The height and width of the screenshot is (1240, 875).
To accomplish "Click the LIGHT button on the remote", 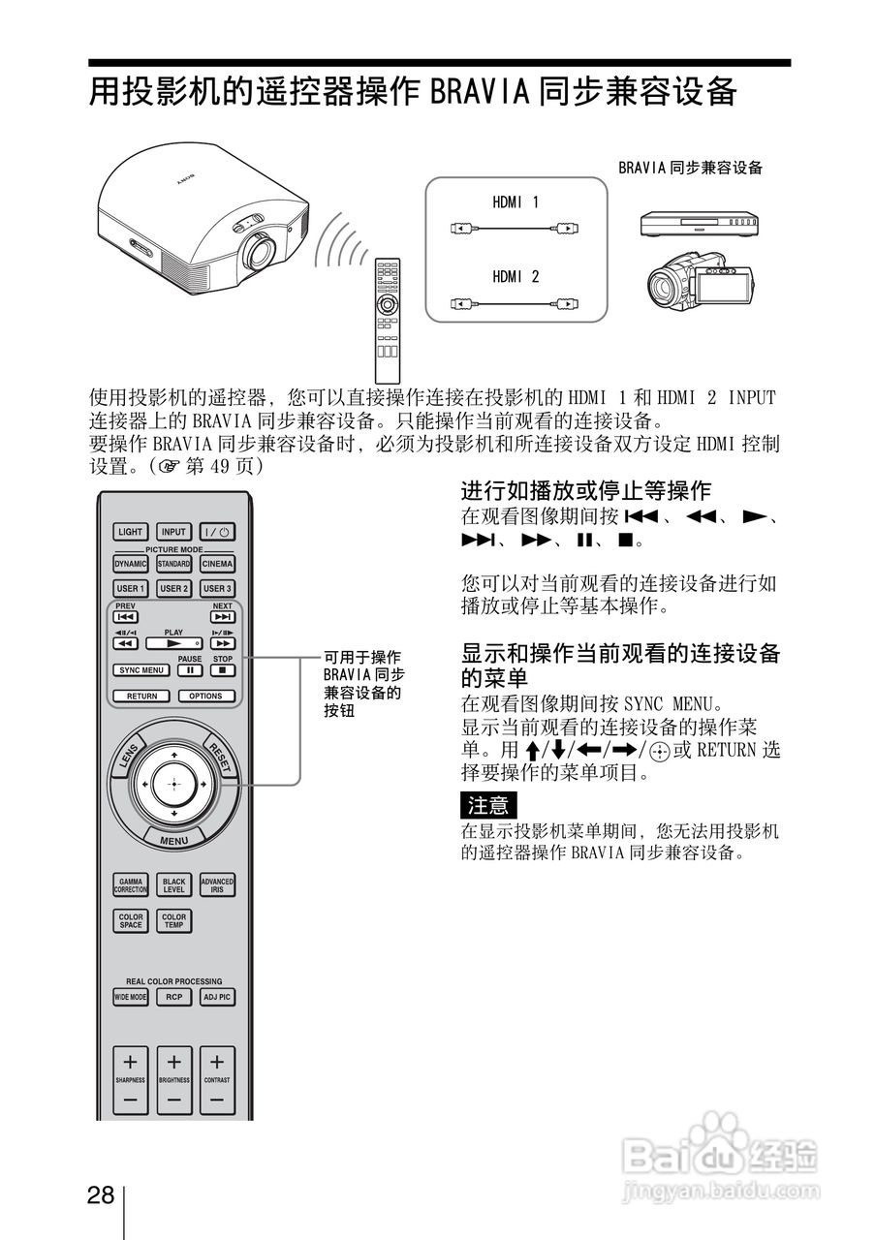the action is click(130, 532).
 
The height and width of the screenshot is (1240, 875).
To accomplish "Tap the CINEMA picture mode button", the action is click(217, 564).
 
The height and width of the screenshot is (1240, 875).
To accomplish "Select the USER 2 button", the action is click(174, 588).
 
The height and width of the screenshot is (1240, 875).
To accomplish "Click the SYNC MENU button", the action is click(141, 669).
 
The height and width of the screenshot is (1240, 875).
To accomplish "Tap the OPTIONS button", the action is click(205, 696).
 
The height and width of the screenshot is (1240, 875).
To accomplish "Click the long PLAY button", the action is click(173, 642).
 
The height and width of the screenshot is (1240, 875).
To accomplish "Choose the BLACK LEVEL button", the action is click(174, 885).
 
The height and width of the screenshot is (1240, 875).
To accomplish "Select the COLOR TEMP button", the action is click(174, 921).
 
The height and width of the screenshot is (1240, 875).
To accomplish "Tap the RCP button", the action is click(174, 997).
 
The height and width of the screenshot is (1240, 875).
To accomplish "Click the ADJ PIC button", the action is click(217, 997).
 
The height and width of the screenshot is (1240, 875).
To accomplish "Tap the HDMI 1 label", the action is click(516, 202).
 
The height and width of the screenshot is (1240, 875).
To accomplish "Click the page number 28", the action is click(101, 1193).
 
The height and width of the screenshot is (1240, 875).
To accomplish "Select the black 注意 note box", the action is click(488, 805).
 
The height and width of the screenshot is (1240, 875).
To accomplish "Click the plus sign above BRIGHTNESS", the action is click(174, 1061).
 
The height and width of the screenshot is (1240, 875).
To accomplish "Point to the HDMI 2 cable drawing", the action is click(516, 305).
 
